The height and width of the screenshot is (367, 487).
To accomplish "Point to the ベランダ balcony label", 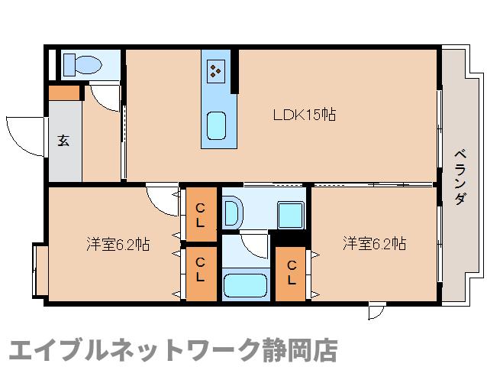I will point(460,175).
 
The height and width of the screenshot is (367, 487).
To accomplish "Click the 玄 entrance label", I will point(63,141).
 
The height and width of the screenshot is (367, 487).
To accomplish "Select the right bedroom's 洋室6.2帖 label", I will point(373,245).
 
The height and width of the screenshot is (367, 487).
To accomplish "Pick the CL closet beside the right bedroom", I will point(292,272).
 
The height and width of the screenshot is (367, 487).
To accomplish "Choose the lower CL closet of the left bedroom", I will point(200,271).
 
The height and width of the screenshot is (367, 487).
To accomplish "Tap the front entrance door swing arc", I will point(24,138).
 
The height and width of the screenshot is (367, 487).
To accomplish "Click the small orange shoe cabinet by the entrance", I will point(64,93).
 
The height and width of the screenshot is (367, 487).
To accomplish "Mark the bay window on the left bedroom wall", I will point(38,270).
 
